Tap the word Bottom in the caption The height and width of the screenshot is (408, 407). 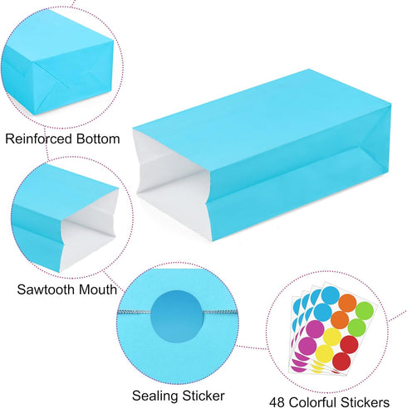[x=98, y=138]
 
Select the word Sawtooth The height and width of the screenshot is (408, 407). [x=46, y=289]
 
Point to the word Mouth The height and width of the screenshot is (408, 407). [x=98, y=289]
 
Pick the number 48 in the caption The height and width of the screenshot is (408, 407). [x=277, y=402]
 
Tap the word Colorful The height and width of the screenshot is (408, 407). [x=312, y=402]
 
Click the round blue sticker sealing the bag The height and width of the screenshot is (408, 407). [x=177, y=316]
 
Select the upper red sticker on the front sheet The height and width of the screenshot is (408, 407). [x=349, y=344]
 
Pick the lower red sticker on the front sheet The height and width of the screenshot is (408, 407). [x=341, y=362]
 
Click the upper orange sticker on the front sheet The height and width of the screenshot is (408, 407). [x=347, y=303]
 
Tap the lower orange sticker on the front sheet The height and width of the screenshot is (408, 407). [x=340, y=320]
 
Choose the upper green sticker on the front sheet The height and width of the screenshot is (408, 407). [x=365, y=311]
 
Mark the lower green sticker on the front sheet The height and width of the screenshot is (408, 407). [x=356, y=328]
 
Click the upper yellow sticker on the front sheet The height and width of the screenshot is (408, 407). [x=332, y=337]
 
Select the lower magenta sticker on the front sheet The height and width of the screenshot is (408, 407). [x=307, y=346]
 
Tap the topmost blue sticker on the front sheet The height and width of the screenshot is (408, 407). [x=331, y=295]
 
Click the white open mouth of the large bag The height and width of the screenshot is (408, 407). [x=173, y=187]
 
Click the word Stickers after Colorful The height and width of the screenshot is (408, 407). [x=365, y=402]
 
